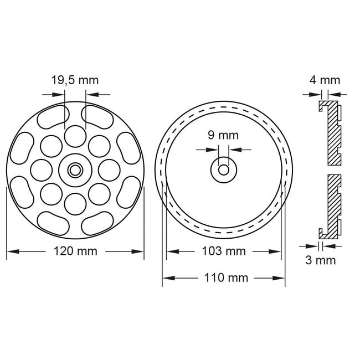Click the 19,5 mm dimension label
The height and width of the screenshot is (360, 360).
coord(75,80)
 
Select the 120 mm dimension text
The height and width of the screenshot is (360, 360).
coord(75,251)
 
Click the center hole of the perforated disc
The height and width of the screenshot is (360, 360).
coord(75,170)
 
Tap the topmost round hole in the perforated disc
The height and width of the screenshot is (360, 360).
coord(75,136)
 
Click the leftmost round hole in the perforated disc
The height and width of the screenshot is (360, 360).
coord(41,169)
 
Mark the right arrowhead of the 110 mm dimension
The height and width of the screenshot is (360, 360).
coord(282,277)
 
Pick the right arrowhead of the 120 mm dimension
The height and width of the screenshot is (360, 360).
coord(140,251)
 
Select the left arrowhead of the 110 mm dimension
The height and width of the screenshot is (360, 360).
coord(166,277)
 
